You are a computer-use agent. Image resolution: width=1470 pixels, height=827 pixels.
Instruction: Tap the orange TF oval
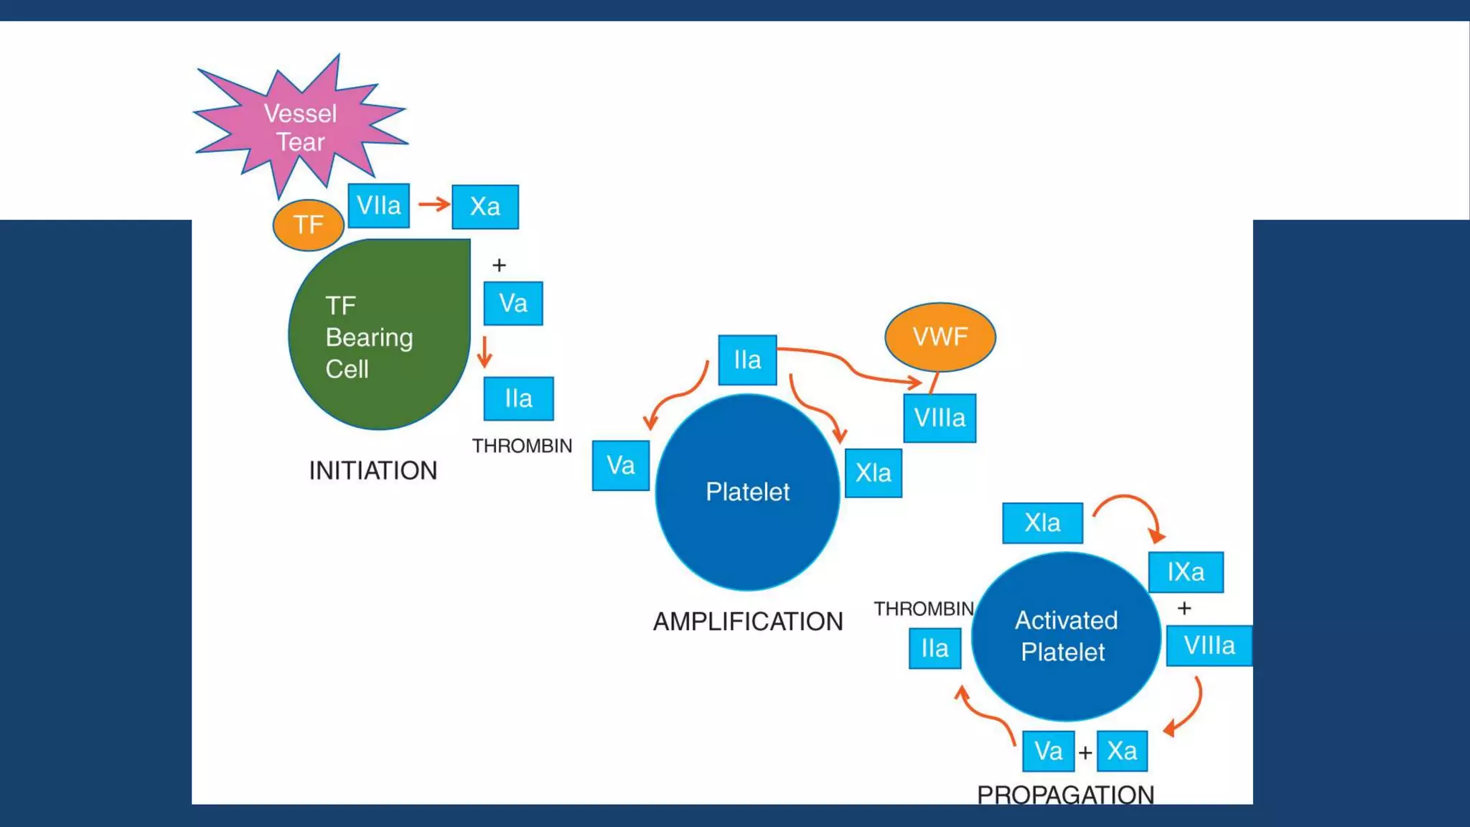(x=308, y=225)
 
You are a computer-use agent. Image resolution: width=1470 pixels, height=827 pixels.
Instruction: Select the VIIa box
(x=378, y=206)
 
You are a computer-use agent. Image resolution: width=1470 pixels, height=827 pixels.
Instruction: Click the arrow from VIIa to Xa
(x=434, y=205)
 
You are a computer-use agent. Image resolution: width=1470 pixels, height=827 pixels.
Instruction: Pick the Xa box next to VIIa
(x=484, y=207)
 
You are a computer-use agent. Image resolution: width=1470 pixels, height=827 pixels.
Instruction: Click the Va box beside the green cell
(x=512, y=303)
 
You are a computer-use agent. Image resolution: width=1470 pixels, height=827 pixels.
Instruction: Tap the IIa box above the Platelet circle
(x=746, y=360)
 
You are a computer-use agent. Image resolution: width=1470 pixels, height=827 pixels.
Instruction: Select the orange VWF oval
(x=940, y=337)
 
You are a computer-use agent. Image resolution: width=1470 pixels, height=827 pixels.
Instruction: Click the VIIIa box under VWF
(x=939, y=418)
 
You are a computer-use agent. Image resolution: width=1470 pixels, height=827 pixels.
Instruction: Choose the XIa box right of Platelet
(x=873, y=473)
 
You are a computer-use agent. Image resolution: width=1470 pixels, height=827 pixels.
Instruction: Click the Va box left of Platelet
(x=620, y=466)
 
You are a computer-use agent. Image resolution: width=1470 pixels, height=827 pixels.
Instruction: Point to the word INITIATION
(x=373, y=471)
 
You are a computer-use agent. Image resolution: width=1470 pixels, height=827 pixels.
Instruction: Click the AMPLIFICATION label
(x=747, y=622)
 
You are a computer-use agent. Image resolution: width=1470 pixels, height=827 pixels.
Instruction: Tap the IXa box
(x=1185, y=572)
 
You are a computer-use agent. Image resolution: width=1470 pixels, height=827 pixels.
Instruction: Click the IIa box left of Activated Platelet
(x=934, y=648)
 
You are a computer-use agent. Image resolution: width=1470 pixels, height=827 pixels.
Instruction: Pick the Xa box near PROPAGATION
(x=1121, y=751)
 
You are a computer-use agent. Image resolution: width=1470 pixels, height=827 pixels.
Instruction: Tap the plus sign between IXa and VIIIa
(x=1184, y=609)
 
